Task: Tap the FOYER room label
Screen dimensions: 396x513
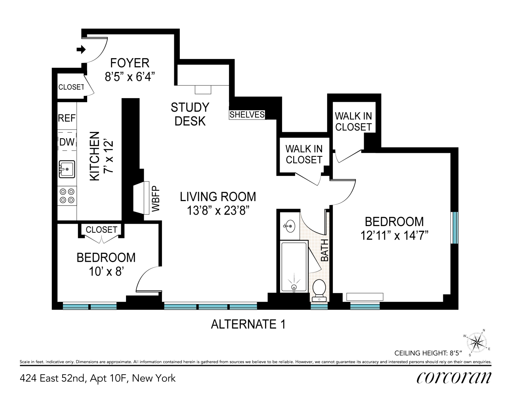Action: coord(130,63)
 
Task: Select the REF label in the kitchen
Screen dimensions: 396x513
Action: coord(67,118)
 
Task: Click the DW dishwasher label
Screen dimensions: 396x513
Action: coord(67,142)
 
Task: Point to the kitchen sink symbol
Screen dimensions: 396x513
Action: coord(67,169)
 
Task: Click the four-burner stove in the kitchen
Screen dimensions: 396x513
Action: coord(67,196)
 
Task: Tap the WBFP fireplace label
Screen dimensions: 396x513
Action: coord(156,199)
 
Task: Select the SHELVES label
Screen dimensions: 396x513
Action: coord(247,114)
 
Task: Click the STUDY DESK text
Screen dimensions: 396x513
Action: coord(190,114)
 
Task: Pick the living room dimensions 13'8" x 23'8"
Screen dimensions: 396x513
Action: coord(218,210)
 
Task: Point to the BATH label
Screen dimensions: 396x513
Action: coord(324,250)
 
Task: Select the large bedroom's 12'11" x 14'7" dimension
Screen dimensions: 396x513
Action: coord(394,235)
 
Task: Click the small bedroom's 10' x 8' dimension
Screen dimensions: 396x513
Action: coord(106,271)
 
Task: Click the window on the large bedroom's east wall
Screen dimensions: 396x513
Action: coord(455,228)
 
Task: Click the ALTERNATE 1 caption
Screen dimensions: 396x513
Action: coord(248,324)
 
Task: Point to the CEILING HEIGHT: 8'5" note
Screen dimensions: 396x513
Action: coord(428,353)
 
